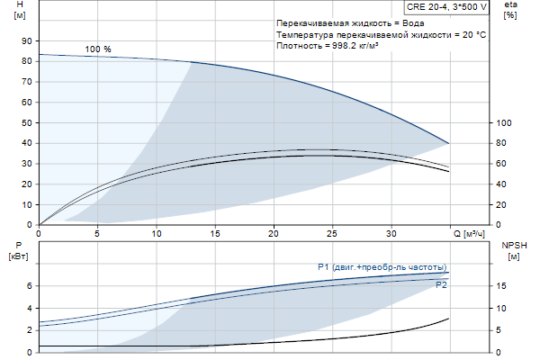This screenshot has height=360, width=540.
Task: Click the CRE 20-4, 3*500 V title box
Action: pyautogui.click(x=446, y=7)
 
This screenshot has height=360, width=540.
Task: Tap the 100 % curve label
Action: pyautogui.click(x=98, y=49)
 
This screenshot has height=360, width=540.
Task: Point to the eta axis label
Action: pyautogui.click(x=510, y=7)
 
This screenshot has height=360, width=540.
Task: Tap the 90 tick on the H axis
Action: pyautogui.click(x=26, y=41)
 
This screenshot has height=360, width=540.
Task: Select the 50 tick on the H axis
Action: pyautogui.click(x=26, y=122)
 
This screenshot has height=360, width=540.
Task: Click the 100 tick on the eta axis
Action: pyautogui.click(x=505, y=122)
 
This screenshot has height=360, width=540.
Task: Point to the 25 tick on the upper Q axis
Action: pyautogui.click(x=333, y=234)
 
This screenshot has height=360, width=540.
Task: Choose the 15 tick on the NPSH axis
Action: pyautogui.click(x=502, y=286)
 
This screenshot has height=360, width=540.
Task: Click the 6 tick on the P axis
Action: pyautogui.click(x=29, y=286)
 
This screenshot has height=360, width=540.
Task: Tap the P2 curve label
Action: pyautogui.click(x=441, y=285)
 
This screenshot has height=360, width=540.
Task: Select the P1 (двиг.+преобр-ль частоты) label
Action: pyautogui.click(x=382, y=266)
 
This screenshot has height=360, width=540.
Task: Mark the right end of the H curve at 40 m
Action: pyautogui.click(x=449, y=143)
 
